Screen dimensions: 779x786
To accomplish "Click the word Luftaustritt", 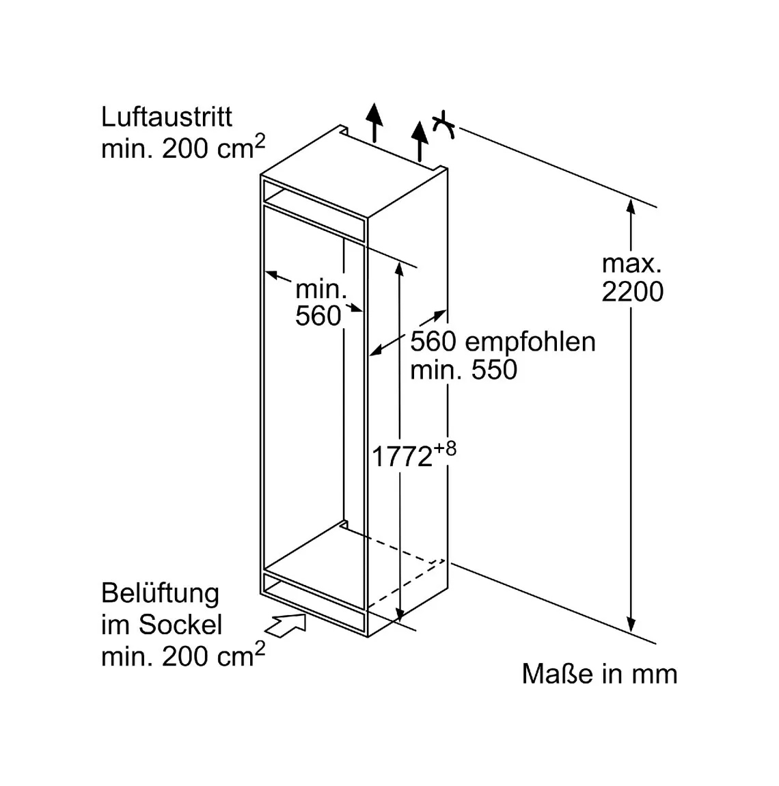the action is (x=167, y=118).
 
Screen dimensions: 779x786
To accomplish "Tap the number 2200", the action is (x=632, y=291).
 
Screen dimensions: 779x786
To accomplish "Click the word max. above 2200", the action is (x=631, y=265).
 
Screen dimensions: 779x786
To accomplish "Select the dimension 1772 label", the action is (x=402, y=457).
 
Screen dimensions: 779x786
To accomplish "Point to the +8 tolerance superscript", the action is (x=445, y=448).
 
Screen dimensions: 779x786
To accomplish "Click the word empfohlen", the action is (x=530, y=342).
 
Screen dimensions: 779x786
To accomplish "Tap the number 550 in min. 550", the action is (x=494, y=370).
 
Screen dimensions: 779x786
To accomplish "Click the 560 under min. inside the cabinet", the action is (x=318, y=316).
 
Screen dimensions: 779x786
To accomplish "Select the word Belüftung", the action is (x=161, y=594).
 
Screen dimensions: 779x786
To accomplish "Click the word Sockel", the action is (x=180, y=625).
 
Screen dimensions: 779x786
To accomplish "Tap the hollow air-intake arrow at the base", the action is (x=286, y=625).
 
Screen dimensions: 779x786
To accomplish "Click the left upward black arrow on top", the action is (x=374, y=122).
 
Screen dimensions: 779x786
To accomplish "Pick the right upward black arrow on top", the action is (x=420, y=140).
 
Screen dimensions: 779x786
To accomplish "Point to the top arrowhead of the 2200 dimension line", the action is (x=631, y=207).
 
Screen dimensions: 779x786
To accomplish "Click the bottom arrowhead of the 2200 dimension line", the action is (x=631, y=624).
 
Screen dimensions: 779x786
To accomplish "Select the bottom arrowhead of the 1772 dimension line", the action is (x=400, y=614).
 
